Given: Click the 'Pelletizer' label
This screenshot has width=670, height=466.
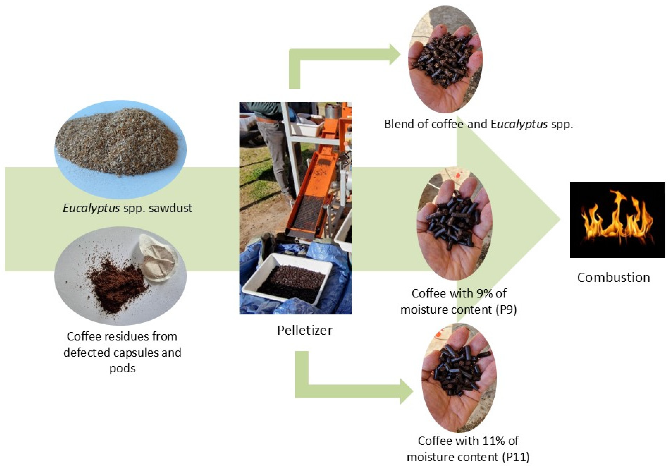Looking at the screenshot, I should (x=304, y=330).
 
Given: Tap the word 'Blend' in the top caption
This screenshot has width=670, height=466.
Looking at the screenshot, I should (x=397, y=124).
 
